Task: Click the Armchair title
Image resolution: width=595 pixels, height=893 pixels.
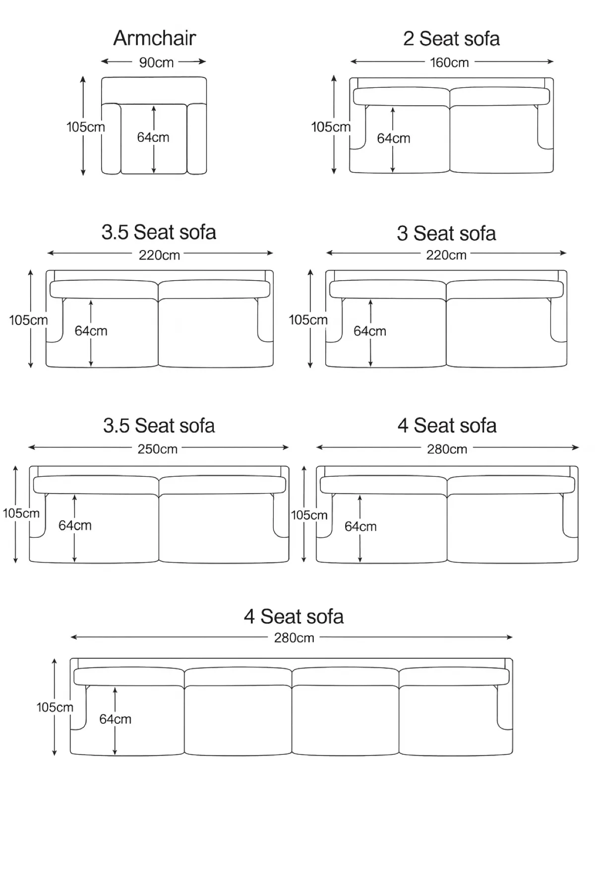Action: [x=155, y=38]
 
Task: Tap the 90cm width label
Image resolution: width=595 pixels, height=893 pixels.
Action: [x=156, y=63]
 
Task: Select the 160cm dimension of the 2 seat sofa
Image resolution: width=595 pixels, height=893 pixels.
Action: [x=449, y=63]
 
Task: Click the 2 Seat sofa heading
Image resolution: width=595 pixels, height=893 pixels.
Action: [x=451, y=39]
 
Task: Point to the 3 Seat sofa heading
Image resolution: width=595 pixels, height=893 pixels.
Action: [x=446, y=233]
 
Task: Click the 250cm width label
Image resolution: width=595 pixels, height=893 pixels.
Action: [x=157, y=449]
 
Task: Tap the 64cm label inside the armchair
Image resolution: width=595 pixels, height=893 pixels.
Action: [x=153, y=137]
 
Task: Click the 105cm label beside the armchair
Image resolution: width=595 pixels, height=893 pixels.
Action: [x=86, y=127]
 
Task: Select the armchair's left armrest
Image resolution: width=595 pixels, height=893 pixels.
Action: [x=111, y=139]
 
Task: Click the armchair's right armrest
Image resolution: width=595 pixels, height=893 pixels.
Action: [x=197, y=139]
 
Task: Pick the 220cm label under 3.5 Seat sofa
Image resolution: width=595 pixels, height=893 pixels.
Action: [x=159, y=255]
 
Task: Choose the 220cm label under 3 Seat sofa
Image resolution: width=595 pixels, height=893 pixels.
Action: [x=446, y=255]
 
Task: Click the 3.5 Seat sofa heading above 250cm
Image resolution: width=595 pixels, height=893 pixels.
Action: [x=159, y=426]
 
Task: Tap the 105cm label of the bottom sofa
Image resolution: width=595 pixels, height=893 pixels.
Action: [x=55, y=707]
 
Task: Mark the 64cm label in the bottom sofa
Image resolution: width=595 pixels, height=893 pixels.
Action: [x=115, y=719]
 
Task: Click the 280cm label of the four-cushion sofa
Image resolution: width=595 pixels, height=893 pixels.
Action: [x=294, y=638]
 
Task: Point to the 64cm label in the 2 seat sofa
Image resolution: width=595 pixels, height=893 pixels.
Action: [x=393, y=138]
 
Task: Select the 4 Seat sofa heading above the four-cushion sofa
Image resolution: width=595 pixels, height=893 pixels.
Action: [x=294, y=617]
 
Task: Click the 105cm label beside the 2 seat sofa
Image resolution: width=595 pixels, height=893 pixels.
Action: [x=331, y=127]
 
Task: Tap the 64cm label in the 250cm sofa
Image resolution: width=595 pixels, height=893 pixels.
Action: [x=75, y=525]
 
